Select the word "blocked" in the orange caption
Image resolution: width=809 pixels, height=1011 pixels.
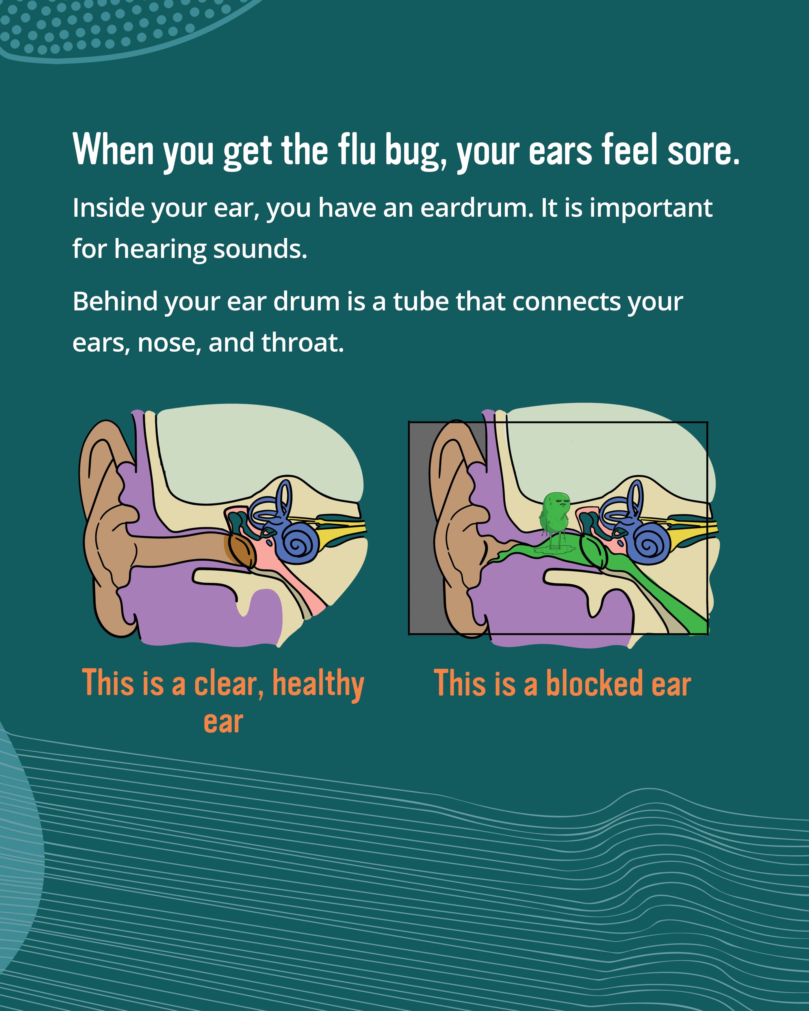point(595,683)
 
